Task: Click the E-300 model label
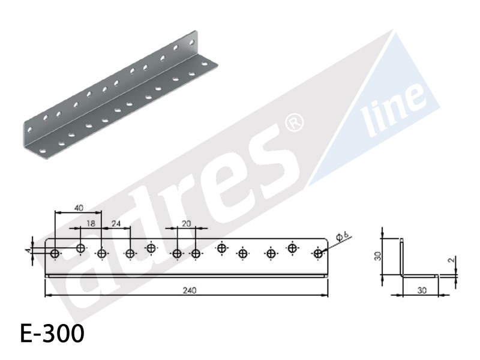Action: point(52,333)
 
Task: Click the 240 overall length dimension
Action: point(190,290)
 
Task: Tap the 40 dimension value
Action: point(79,208)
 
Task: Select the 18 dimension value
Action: point(91,223)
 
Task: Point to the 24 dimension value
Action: point(116,224)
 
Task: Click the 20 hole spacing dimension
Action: point(186,224)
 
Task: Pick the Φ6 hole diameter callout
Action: point(342,236)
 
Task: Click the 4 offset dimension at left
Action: point(28,251)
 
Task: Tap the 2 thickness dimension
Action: point(451,260)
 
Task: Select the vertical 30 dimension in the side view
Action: point(379,256)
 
